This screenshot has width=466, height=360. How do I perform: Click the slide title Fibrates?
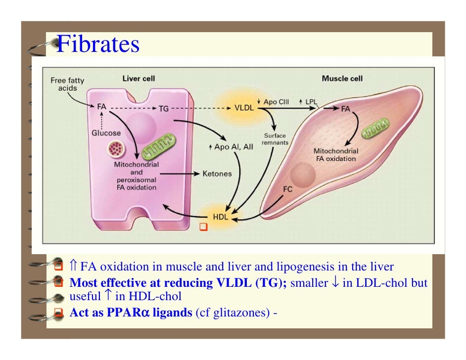coord(98,45)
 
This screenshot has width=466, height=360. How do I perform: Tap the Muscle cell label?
coord(342,78)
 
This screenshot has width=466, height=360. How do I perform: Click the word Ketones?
coord(217,174)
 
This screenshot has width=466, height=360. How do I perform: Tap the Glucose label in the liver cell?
coord(106,133)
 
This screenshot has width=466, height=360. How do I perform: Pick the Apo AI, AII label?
coord(231,147)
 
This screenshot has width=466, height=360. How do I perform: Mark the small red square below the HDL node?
coord(202,227)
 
